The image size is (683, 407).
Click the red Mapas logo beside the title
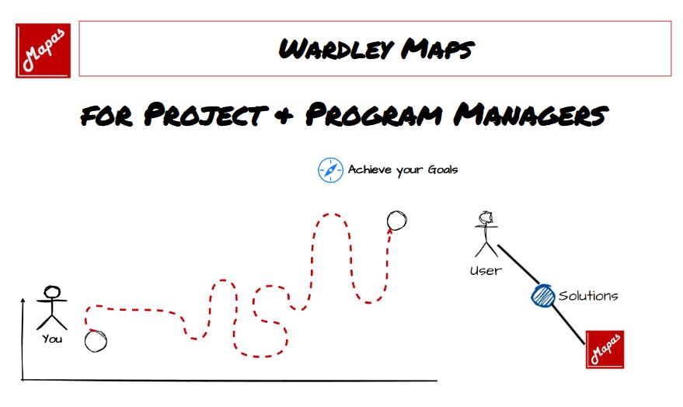tap(43, 50)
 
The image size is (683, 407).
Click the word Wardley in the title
tap(336, 49)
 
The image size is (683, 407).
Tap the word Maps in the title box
tap(437, 49)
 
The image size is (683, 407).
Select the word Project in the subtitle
tap(206, 115)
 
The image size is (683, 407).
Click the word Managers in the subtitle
tap(531, 115)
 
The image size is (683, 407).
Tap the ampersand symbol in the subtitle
tap(286, 116)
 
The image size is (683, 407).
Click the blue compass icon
tap(330, 170)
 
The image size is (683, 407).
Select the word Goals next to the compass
tap(443, 169)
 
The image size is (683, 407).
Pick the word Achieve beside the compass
tap(370, 169)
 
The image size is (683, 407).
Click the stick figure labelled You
tap(52, 308)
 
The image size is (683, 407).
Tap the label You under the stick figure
tap(52, 339)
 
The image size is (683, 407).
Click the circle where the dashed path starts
tap(96, 341)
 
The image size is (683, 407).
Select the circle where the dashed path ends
tap(397, 221)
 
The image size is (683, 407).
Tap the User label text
tap(486, 271)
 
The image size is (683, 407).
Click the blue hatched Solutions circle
tap(542, 295)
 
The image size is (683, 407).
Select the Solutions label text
tap(588, 296)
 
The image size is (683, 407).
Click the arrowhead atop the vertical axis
tap(23, 301)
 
